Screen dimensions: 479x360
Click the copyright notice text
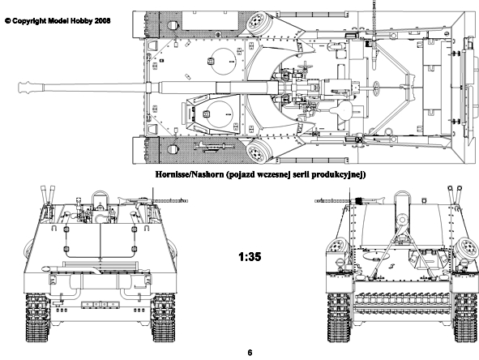pyautogui.click(x=58, y=21)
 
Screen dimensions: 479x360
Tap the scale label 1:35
pyautogui.click(x=250, y=257)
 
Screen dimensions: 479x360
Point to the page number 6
pyautogui.click(x=250, y=353)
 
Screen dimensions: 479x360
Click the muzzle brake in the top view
pyautogui.click(x=31, y=88)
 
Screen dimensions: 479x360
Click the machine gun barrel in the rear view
pyautogui.click(x=169, y=201)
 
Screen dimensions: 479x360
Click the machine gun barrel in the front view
pyautogui.click(x=333, y=201)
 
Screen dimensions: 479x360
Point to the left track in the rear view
pyautogui.click(x=37, y=318)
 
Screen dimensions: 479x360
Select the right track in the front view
pyautogui.click(x=466, y=318)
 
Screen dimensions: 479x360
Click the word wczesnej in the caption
pyautogui.click(x=274, y=174)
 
